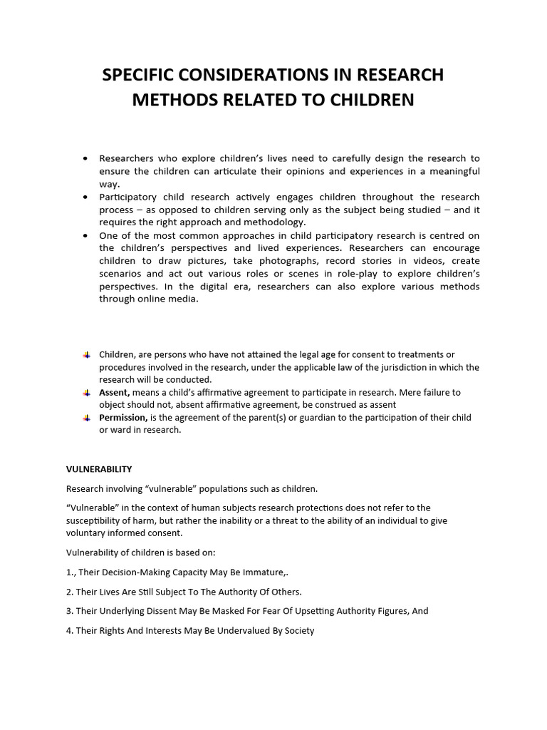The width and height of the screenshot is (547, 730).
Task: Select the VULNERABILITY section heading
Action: click(99, 469)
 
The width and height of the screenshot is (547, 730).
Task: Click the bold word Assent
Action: click(114, 393)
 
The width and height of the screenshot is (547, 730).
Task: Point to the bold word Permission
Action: click(123, 418)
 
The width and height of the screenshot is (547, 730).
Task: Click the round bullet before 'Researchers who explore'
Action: click(86, 158)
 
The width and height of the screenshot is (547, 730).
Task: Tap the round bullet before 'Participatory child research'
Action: click(86, 197)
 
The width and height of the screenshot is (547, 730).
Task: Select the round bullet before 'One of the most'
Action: click(86, 235)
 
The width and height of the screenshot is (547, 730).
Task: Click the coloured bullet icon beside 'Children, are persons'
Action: click(86, 355)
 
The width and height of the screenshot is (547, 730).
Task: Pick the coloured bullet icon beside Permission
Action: click(86, 418)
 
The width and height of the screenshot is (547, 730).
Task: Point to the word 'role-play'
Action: click(385, 274)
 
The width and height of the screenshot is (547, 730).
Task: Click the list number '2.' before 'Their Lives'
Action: click(70, 592)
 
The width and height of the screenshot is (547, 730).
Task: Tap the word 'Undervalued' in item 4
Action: click(226, 631)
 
